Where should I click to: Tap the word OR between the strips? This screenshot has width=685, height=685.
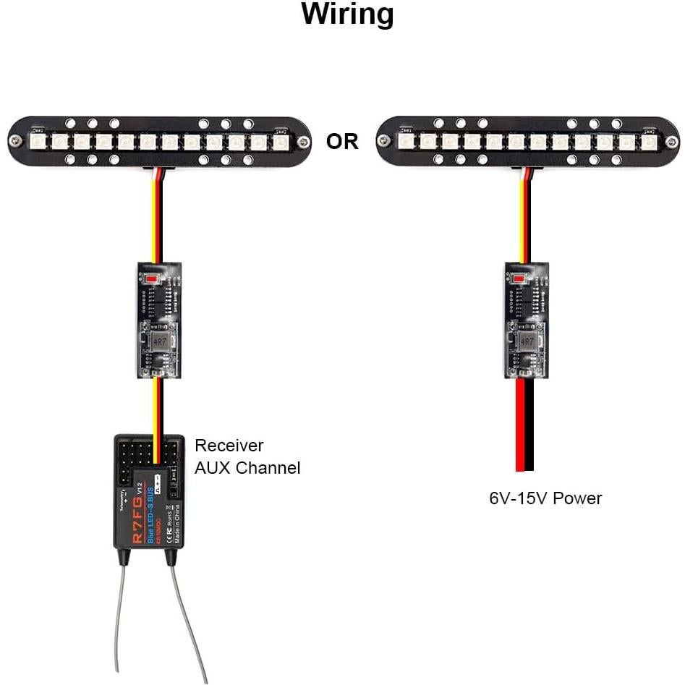tap(342, 142)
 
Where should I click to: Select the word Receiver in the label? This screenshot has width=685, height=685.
tap(229, 446)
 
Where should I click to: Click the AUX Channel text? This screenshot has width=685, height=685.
tap(247, 468)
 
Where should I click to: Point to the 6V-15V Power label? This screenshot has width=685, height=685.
tap(545, 498)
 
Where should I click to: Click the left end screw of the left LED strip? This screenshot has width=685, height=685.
tap(14, 141)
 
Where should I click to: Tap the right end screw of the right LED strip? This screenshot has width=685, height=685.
tap(672, 141)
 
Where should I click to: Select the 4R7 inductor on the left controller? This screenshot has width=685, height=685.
tap(159, 338)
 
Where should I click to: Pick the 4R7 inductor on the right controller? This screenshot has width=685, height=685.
tap(527, 338)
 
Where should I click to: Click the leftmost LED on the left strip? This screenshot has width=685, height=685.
tap(39, 141)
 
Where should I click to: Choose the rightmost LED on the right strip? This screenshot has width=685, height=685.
tap(649, 141)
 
